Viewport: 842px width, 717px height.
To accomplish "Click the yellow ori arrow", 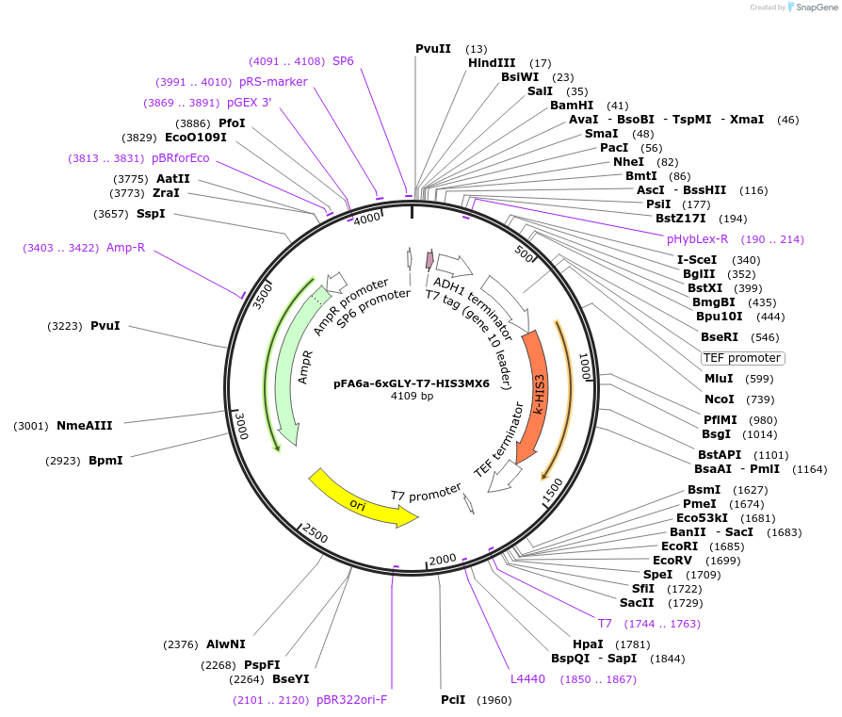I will point(362,499).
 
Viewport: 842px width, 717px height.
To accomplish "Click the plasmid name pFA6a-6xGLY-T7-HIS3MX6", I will point(412,383).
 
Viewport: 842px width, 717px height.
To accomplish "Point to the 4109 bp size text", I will point(412,397).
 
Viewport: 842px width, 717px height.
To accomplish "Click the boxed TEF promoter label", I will point(742,358).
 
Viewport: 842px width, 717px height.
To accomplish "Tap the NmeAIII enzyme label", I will point(84,426).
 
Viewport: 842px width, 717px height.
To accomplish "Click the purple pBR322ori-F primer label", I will point(351,700).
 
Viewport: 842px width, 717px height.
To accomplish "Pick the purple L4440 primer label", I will point(527,678).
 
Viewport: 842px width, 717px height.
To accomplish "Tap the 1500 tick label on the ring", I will point(551,490).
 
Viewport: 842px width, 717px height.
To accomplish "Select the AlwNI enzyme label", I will point(225,644).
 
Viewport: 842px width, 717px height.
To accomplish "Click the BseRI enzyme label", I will point(718,336).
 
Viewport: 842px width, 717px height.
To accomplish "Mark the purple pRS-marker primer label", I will point(273,82).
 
